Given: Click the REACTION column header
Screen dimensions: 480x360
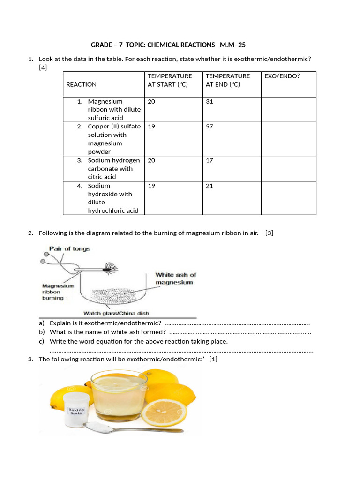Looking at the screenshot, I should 82,84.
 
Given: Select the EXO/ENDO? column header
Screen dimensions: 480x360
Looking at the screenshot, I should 282,76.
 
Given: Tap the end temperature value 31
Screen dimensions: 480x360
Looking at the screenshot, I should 210,101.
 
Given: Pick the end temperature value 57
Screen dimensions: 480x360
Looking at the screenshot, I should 210,127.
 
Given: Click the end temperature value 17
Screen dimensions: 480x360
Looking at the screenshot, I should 210,160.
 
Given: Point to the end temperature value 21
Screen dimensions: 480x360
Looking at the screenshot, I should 210,186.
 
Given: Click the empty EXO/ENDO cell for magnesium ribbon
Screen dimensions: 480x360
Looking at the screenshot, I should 288,110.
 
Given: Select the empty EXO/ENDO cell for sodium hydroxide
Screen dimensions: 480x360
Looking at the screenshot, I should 288,198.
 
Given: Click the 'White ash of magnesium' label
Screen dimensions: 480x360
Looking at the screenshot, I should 175,278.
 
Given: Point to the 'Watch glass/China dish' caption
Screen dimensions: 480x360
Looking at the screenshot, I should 116,313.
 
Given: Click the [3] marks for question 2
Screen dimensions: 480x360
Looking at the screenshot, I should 269,233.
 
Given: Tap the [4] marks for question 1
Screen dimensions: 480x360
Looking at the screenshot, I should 43,67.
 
